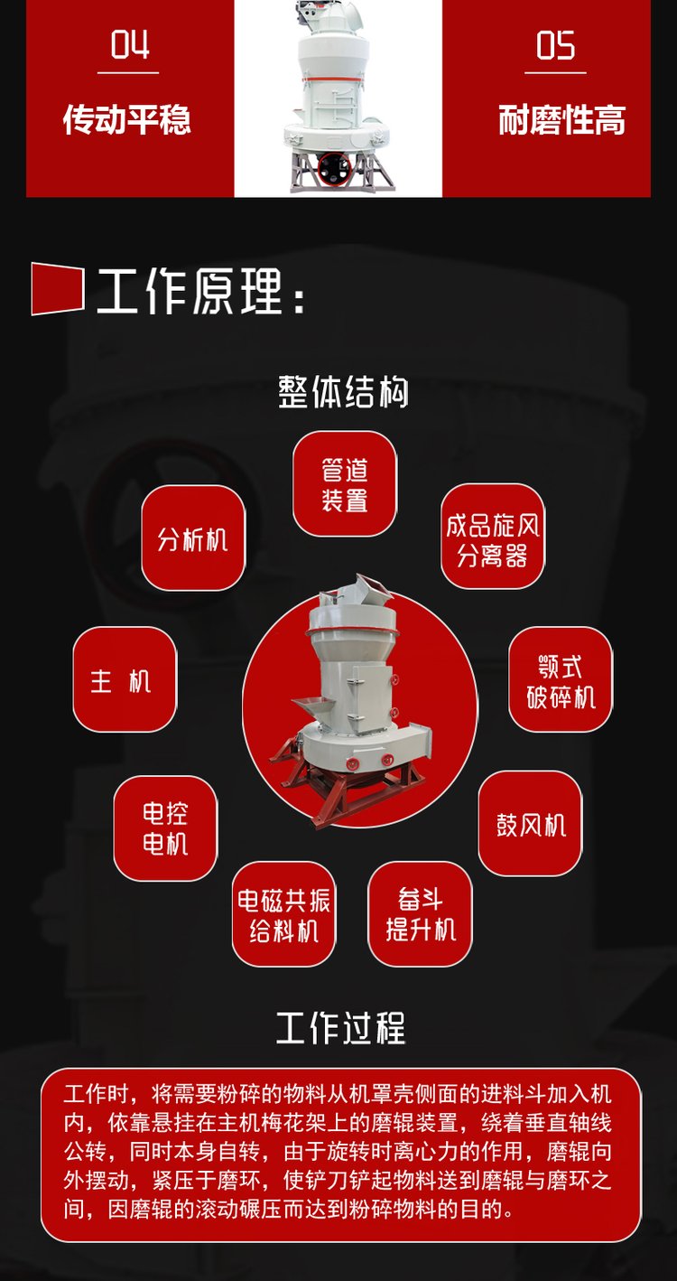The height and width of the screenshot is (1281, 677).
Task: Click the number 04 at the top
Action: pos(130,45)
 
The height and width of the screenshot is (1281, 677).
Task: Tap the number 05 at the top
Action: pos(555,46)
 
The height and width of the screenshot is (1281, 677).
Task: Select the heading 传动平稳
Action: pos(127,119)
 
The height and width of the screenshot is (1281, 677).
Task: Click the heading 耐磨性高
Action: pos(561,119)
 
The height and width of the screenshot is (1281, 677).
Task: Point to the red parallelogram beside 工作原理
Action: pos(58,288)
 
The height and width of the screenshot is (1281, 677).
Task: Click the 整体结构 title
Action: pos(343,392)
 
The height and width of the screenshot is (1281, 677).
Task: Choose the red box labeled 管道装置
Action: pos(345,484)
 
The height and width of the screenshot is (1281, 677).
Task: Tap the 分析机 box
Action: pos(193,538)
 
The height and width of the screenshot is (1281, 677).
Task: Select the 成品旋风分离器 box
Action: pos(493,537)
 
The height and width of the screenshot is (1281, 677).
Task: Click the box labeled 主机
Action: pos(125,679)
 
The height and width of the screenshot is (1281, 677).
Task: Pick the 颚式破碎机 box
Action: pos(561,679)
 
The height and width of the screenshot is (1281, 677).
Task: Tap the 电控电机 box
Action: pos(165,828)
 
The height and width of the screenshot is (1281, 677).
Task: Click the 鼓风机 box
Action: pos(530,824)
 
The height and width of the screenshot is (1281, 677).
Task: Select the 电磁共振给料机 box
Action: pos(284,914)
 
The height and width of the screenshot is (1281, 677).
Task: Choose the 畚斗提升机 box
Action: pos(420,914)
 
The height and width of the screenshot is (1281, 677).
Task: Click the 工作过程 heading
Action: pos(341,1027)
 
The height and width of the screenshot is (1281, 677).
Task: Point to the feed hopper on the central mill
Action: pos(311,707)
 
